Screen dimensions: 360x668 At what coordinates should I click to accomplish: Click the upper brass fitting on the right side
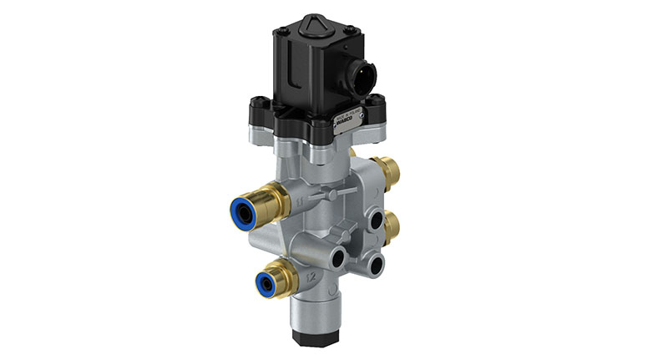pos(388,171)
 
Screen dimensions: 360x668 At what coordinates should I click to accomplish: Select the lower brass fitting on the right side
pos(389,226)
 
